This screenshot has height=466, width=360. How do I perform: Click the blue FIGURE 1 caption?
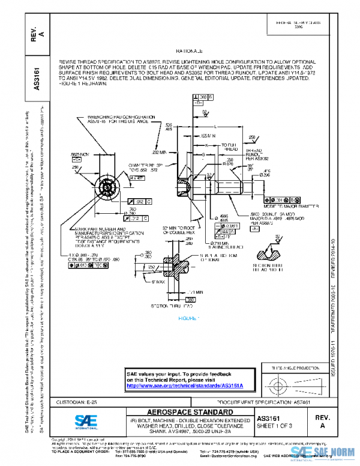(189, 317)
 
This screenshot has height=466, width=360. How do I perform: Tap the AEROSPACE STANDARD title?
(181, 412)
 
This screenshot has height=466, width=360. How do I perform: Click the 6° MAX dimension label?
(158, 282)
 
